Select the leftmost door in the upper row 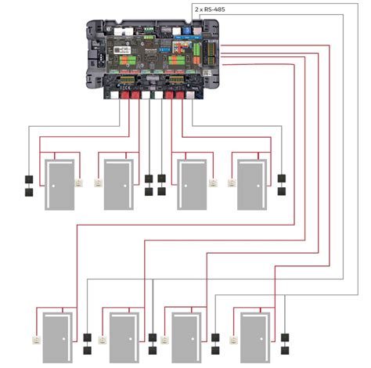(x=60, y=185)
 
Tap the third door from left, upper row (x=192, y=185)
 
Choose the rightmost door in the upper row (x=250, y=185)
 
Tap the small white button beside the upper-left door (x=79, y=185)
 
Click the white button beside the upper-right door (x=232, y=185)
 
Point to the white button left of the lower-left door (x=34, y=339)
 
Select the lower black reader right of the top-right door (x=281, y=190)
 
